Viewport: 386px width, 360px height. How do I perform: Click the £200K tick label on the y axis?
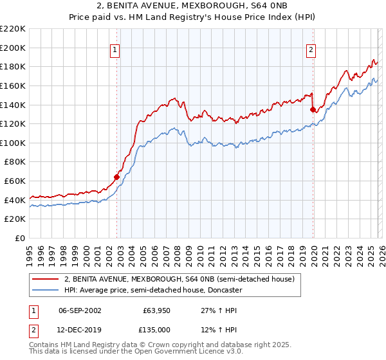13,48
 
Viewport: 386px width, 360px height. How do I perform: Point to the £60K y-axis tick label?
15,181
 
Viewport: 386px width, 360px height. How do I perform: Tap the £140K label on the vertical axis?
13,105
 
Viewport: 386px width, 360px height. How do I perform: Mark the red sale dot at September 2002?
116,177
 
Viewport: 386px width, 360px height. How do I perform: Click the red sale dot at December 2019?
313,109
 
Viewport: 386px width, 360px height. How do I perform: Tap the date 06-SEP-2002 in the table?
80,310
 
